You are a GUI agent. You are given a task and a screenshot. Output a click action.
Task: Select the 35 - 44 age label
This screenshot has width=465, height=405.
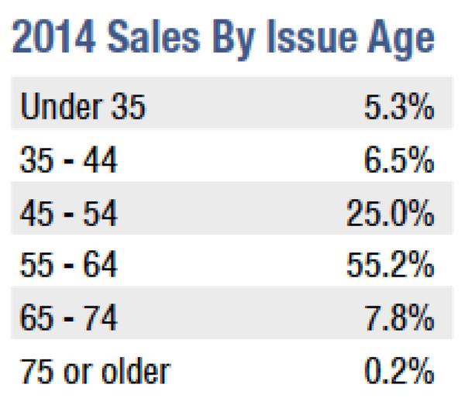(x=68, y=162)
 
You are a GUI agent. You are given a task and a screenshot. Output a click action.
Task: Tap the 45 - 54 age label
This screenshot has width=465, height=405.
(x=68, y=215)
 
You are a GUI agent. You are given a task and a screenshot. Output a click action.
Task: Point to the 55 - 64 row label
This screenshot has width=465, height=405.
(x=68, y=267)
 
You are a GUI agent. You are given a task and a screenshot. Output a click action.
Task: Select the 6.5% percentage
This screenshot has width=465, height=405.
(x=398, y=162)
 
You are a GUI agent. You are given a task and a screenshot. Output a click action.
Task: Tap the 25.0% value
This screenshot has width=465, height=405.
(x=387, y=215)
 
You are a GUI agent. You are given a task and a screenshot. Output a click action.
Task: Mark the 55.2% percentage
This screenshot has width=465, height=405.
(x=387, y=267)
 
